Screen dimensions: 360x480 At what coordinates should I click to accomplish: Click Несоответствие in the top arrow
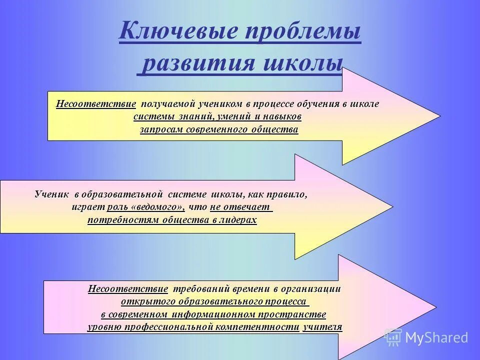click(96, 104)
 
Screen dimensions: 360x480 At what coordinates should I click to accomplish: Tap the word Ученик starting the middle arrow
click(52, 194)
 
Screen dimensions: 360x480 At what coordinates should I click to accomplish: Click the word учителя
click(322, 327)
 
